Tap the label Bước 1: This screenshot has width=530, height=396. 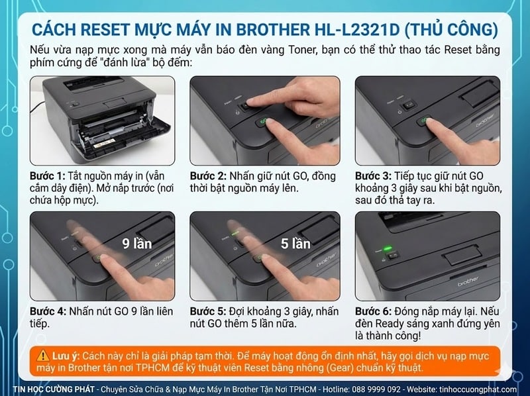tap(47, 176)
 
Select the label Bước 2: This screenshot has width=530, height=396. tap(207, 176)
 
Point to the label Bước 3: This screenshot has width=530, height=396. tap(373, 176)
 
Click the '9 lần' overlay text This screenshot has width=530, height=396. tap(137, 243)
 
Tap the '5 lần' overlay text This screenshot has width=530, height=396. tap(295, 243)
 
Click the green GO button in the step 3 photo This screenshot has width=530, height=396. tap(421, 122)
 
